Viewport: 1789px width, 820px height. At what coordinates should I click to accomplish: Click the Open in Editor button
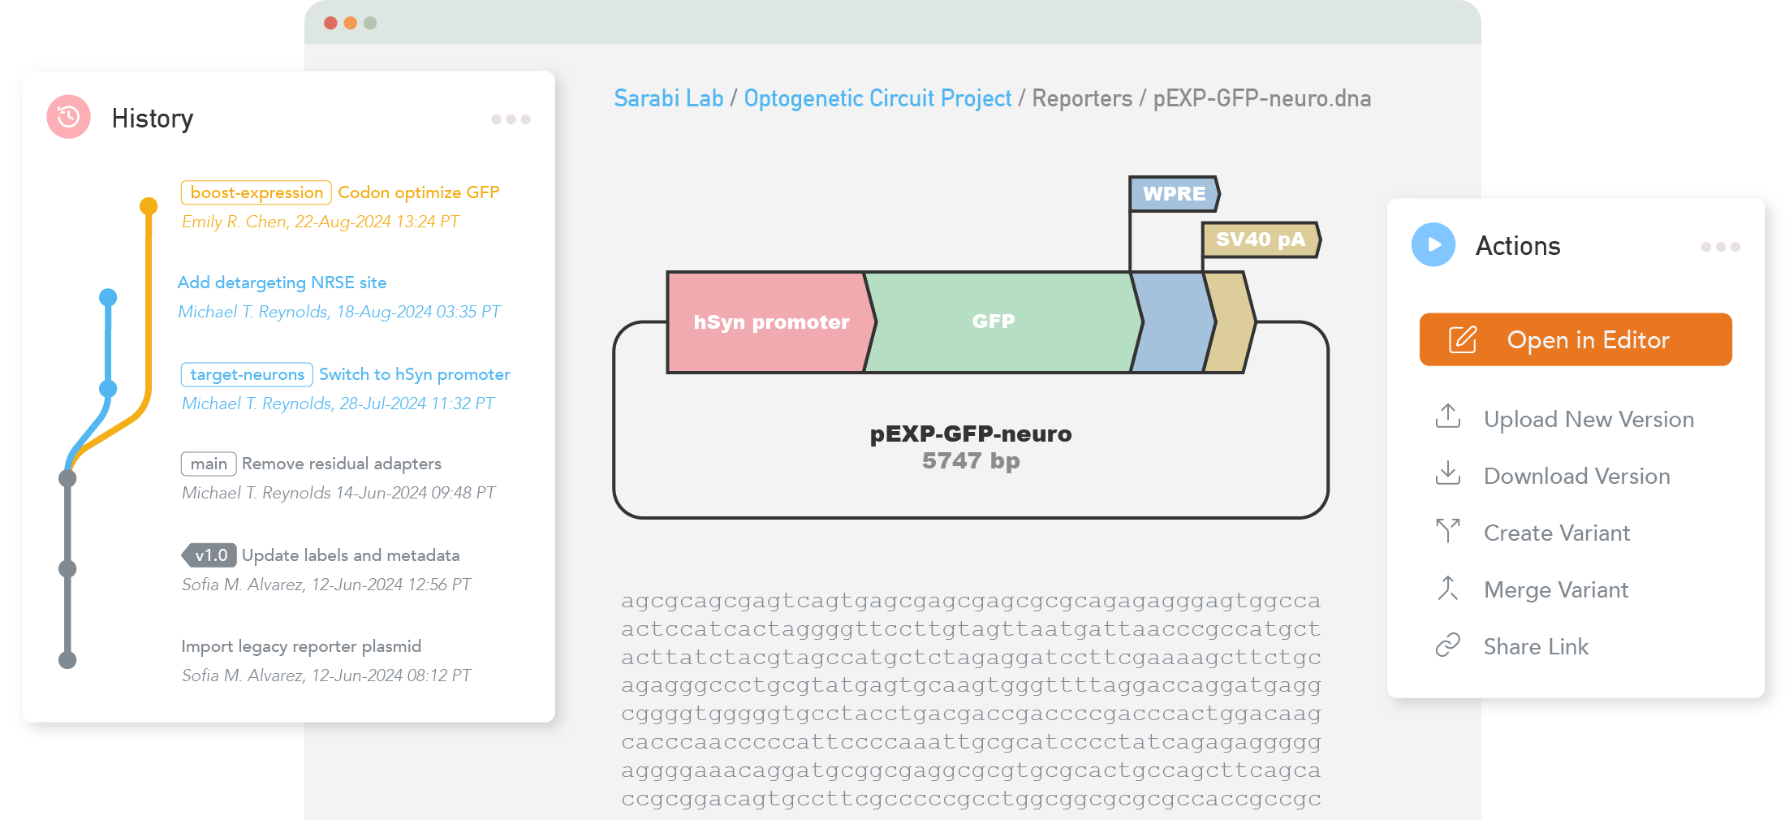point(1575,339)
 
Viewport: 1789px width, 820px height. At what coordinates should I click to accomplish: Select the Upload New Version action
point(1588,419)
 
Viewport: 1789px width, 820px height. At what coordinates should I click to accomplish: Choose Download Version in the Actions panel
point(1576,476)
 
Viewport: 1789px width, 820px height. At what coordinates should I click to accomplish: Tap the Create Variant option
point(1556,533)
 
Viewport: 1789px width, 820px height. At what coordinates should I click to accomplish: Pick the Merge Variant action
point(1555,589)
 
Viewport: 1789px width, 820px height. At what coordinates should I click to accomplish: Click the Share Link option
point(1535,646)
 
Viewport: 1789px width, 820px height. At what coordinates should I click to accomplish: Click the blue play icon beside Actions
point(1433,244)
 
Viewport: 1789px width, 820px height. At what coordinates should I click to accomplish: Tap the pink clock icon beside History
point(69,117)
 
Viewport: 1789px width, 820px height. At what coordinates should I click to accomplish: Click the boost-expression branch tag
point(256,192)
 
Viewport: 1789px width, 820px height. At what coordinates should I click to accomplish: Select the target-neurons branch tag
point(247,374)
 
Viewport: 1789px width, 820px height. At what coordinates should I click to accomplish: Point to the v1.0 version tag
point(209,555)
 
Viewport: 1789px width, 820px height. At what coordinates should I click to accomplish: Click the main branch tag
point(209,464)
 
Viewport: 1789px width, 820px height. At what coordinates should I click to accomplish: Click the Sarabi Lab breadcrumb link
point(668,98)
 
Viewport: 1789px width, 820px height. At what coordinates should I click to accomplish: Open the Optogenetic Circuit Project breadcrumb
point(877,98)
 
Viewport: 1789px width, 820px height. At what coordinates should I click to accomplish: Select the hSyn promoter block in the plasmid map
point(769,322)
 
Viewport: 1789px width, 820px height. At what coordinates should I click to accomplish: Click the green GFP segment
point(994,322)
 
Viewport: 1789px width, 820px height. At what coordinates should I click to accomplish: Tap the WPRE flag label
point(1174,194)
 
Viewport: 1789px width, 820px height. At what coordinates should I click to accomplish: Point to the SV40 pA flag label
point(1260,240)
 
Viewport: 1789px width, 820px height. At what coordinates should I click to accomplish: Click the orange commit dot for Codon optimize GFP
point(149,205)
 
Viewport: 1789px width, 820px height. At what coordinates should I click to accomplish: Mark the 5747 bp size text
point(971,461)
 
